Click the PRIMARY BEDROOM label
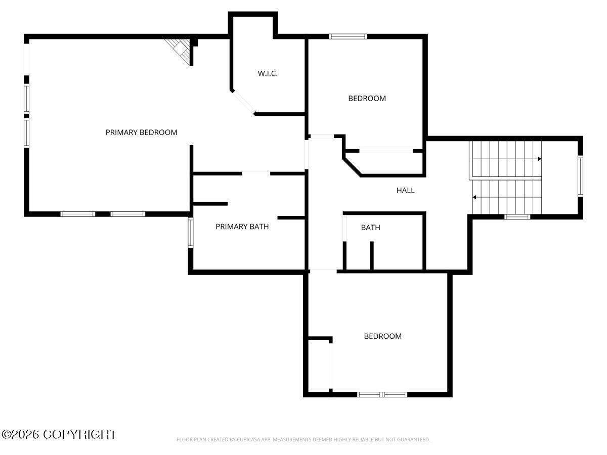141,132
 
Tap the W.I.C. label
268,73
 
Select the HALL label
405,191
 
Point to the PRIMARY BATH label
242,226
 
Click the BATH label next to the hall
371,227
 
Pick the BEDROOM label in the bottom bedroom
383,336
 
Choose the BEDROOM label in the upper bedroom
367,99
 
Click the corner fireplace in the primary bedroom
179,52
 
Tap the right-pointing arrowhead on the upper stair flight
539,159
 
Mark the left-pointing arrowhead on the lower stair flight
474,197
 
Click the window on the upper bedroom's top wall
348,36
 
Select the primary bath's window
191,233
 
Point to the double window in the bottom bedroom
382,394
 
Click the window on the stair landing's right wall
580,176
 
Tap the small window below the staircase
517,217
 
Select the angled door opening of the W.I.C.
243,102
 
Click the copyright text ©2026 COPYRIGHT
58,435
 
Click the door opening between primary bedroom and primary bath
256,173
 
